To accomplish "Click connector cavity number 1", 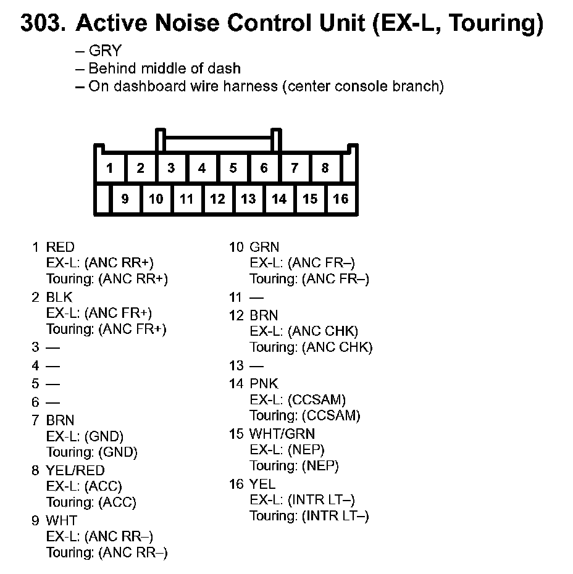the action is [x=109, y=168].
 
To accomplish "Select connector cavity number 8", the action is [x=325, y=168].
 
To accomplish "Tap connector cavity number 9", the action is [x=125, y=199].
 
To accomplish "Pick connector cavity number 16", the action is [x=341, y=199].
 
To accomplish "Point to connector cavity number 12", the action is [x=217, y=199].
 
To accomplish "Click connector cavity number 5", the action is [x=233, y=168].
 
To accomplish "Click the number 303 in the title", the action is [x=43, y=23].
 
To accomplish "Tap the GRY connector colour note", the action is [x=105, y=51].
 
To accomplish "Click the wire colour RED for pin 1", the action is [x=61, y=247].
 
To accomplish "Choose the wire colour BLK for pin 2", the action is [x=59, y=297].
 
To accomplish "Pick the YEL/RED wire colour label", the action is [x=75, y=471].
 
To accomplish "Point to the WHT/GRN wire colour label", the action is [x=282, y=434].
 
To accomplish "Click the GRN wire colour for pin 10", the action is [x=264, y=247].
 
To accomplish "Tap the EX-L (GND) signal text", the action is [x=85, y=436].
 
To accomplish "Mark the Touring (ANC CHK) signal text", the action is [x=311, y=347].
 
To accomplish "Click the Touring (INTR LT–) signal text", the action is [x=309, y=516].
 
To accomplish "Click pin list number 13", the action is [x=236, y=365].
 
